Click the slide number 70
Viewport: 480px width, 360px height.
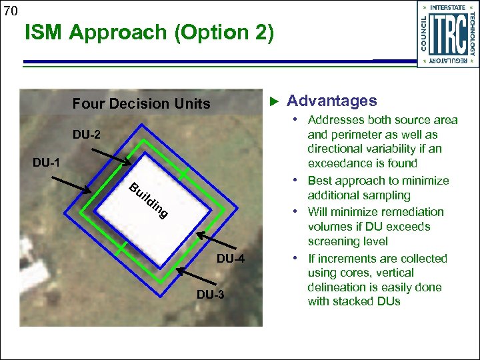coord(11,11)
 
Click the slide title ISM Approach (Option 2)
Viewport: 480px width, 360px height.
coord(149,33)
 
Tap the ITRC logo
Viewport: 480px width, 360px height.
coord(447,34)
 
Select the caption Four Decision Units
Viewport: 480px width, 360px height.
coord(141,103)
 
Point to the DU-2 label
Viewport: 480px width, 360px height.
coord(87,135)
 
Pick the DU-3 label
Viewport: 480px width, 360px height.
coord(210,295)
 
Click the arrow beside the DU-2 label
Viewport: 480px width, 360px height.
coord(113,155)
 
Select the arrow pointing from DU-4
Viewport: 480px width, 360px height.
coord(217,242)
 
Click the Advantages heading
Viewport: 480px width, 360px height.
coord(331,101)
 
